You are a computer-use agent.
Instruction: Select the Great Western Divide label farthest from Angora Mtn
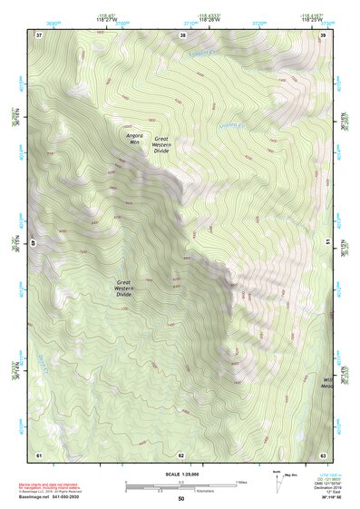tap(124, 289)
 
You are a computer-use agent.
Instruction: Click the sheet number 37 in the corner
tap(39, 34)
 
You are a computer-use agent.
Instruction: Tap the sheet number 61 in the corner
tap(39, 454)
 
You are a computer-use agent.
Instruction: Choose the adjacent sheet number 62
tap(181, 454)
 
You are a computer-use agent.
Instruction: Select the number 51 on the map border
tap(327, 243)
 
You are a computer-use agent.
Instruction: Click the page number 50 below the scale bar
tap(181, 499)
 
